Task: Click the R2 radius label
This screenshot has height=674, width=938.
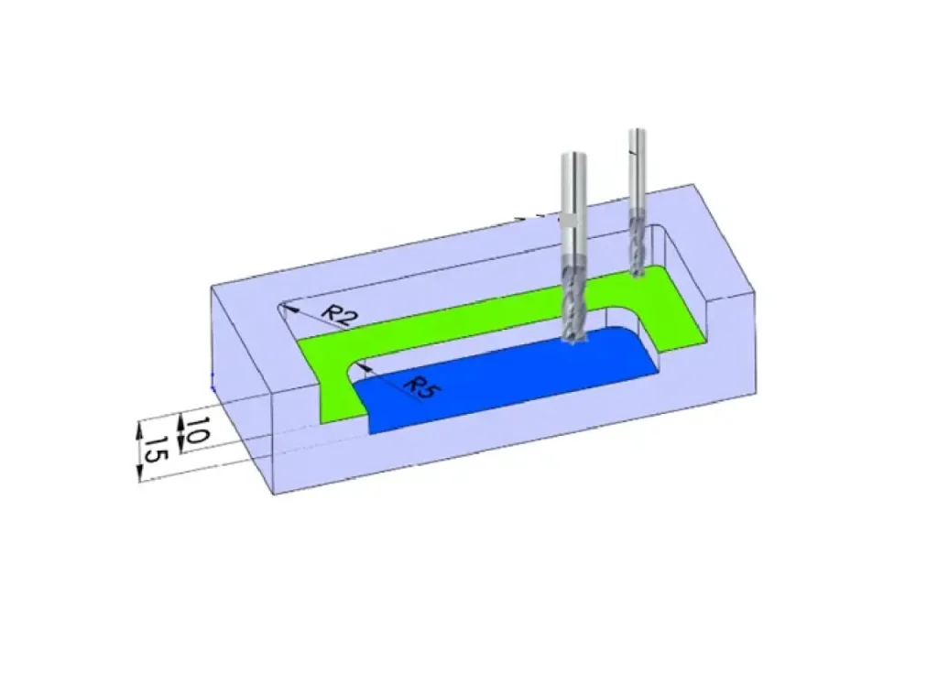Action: [x=337, y=315]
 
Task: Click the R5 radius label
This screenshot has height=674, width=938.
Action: [x=422, y=388]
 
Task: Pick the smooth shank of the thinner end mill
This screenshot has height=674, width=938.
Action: [x=638, y=170]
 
